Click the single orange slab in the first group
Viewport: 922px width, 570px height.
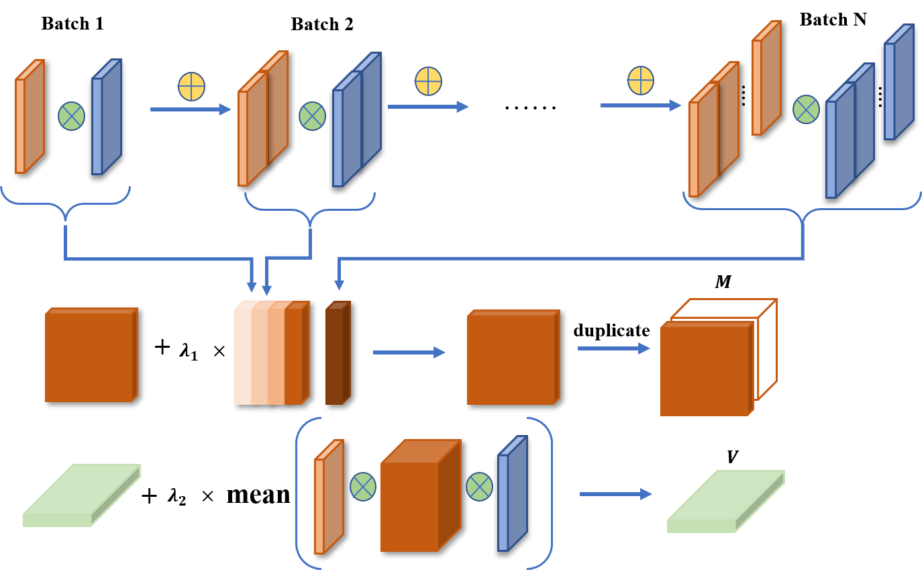coord(30,117)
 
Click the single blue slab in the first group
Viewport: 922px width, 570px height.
coord(106,117)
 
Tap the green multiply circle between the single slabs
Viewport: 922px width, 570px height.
coord(71,116)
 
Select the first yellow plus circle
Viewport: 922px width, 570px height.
coord(191,87)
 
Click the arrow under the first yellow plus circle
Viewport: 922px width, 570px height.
coord(191,109)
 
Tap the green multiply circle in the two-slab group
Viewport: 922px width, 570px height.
coord(312,116)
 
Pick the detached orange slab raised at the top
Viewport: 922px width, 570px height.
coord(766,79)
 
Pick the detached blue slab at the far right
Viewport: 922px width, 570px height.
coord(899,83)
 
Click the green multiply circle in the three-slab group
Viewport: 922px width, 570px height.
coord(806,109)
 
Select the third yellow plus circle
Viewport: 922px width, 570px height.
coord(640,81)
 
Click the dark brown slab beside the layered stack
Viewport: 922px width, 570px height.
coord(337,354)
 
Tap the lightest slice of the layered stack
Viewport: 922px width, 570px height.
coord(242,354)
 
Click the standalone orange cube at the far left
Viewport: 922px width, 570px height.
coord(91,355)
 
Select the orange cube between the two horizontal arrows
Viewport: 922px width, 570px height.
coord(513,357)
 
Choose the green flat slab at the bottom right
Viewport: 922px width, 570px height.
coord(725,502)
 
